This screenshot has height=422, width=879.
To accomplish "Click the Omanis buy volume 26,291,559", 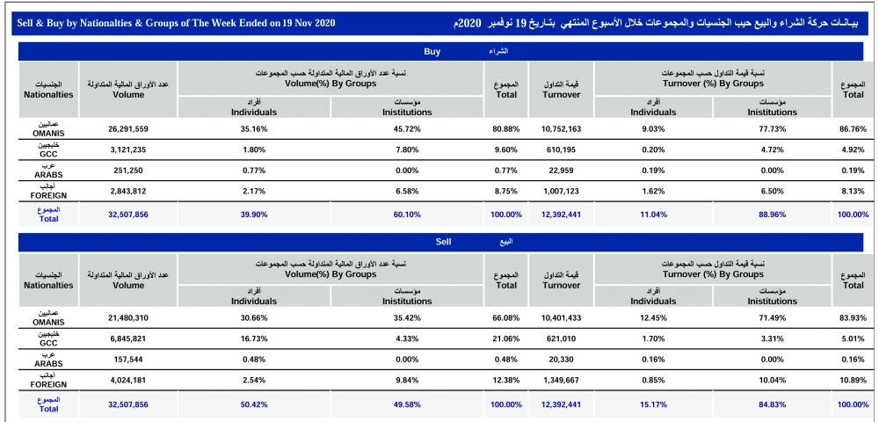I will (129, 128).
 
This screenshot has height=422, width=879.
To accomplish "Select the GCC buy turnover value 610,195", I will (556, 150).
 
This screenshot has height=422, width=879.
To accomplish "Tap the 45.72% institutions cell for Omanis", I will (407, 128).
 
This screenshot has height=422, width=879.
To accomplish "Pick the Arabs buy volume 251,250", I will (129, 171).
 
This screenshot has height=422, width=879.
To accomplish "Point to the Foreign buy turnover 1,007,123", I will (556, 192).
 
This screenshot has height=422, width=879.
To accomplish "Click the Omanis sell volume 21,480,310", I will (129, 317).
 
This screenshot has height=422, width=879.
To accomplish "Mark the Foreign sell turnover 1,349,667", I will (556, 380).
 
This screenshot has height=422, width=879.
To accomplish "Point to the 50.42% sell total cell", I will (254, 403).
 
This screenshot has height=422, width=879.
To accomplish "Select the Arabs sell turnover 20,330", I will (556, 360).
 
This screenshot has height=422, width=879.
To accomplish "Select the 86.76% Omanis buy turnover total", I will (854, 128).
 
